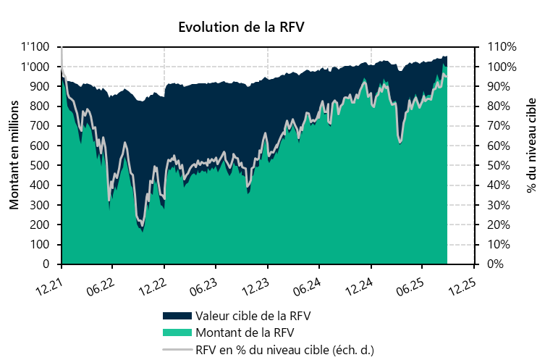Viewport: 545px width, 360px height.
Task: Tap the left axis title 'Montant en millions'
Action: click(14, 156)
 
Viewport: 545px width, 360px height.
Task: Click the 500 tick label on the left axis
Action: click(40, 166)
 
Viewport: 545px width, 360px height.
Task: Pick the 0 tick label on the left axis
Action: click(46, 264)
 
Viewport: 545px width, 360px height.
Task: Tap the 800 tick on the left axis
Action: click(40, 106)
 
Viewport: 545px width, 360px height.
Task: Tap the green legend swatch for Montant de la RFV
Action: click(178, 333)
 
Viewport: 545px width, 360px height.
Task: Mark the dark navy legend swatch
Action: click(178, 317)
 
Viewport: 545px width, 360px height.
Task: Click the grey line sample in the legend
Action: click(178, 349)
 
